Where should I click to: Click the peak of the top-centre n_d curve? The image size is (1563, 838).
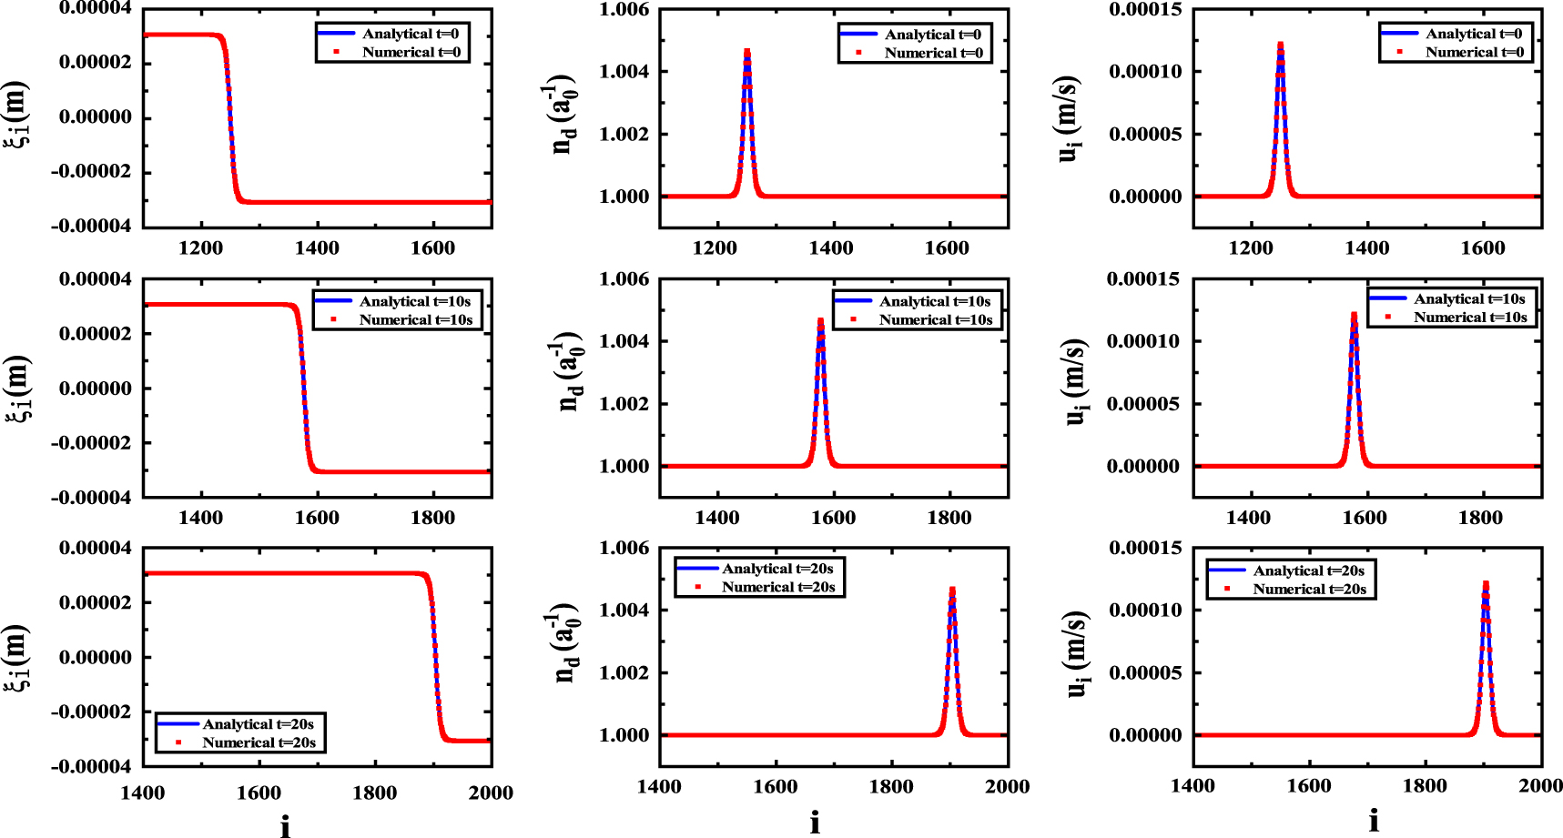pos(746,51)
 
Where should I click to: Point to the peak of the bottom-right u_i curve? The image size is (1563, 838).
pos(1486,583)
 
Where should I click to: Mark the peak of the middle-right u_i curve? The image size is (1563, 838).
pos(1354,315)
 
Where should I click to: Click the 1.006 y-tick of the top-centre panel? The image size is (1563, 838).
pos(624,9)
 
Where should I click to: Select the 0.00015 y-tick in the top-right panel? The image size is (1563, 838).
pos(1144,9)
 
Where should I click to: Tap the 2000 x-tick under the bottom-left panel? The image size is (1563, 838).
pos(491,793)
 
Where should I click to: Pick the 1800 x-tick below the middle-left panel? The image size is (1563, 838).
pos(432,518)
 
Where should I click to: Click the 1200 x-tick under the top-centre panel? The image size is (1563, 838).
pos(715,247)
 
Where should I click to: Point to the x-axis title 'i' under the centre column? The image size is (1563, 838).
pos(815,823)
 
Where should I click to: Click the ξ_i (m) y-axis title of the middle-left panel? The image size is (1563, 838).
pos(18,389)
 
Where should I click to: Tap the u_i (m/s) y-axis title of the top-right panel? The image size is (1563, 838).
pos(1069,119)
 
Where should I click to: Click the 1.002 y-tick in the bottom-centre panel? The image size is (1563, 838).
pos(624,672)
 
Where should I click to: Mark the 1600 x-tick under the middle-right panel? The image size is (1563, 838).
pos(1364,518)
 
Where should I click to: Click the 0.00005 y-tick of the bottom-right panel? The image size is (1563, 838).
pos(1144,672)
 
